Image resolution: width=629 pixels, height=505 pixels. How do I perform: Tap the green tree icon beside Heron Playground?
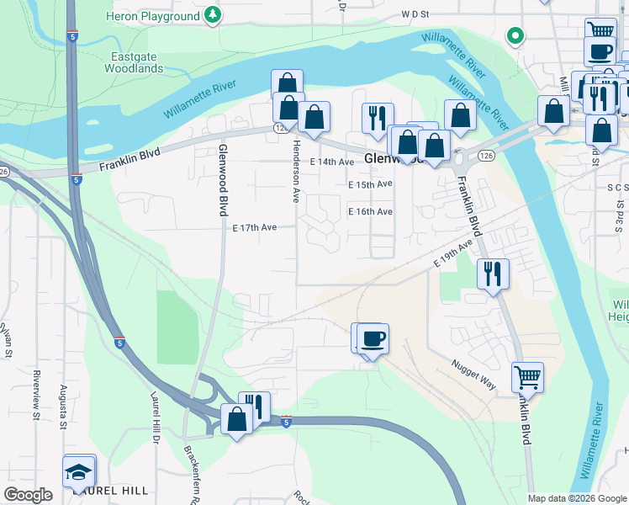pos(214,14)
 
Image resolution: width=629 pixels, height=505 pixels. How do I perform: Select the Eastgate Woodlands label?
pos(133,62)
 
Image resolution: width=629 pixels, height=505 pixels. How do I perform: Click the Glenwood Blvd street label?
pos(224,173)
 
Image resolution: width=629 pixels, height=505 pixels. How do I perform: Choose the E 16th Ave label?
pos(371,212)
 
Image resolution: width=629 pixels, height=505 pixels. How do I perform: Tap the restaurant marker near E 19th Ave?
pos(493,274)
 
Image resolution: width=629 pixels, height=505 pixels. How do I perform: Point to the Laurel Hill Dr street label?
pos(156,423)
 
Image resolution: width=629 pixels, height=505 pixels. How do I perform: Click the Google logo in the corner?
pos(28,495)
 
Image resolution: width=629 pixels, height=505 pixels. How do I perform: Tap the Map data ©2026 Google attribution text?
pos(576,498)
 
